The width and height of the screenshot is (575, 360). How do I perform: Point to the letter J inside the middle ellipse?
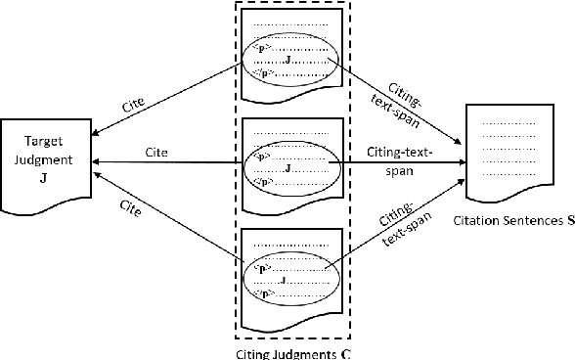coord(287,168)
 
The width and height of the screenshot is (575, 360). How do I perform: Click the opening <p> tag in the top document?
coord(260,47)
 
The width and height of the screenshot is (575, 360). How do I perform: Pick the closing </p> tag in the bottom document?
coord(260,292)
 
